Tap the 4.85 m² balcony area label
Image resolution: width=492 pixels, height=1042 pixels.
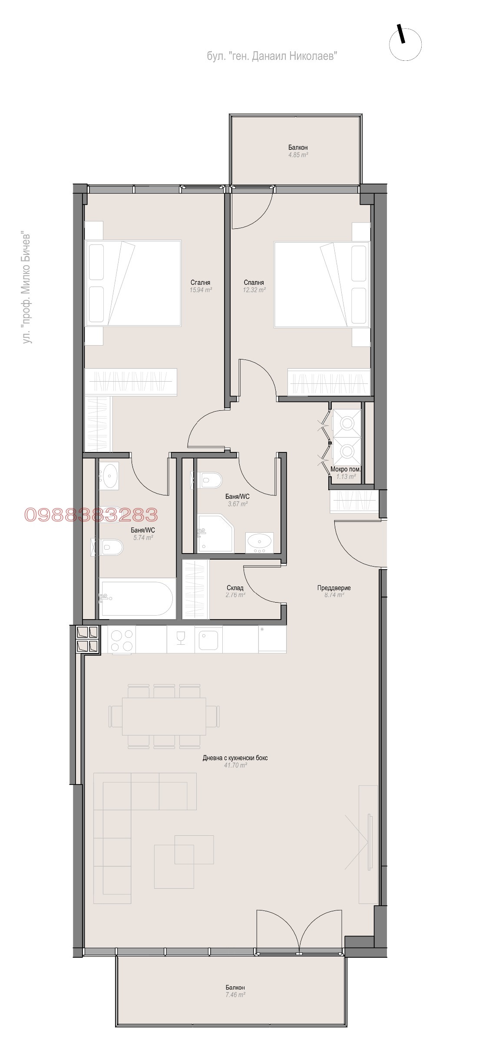point(298,155)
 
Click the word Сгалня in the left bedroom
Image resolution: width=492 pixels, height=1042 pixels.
point(200,283)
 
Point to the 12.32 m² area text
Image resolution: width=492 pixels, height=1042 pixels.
point(254,290)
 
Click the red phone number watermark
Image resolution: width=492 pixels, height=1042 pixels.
point(91,515)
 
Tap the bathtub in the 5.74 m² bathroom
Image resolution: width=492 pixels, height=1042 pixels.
point(136,598)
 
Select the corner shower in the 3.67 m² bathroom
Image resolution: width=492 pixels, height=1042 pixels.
point(216,534)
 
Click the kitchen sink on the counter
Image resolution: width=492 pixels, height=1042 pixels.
point(209,640)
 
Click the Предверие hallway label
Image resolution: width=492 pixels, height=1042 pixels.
point(334,588)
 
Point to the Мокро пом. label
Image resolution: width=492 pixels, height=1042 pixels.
point(346,469)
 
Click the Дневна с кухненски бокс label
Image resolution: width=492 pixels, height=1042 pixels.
point(235,758)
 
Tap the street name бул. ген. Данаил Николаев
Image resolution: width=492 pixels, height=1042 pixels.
point(272,56)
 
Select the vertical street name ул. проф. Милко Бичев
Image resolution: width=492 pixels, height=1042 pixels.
point(27,289)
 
